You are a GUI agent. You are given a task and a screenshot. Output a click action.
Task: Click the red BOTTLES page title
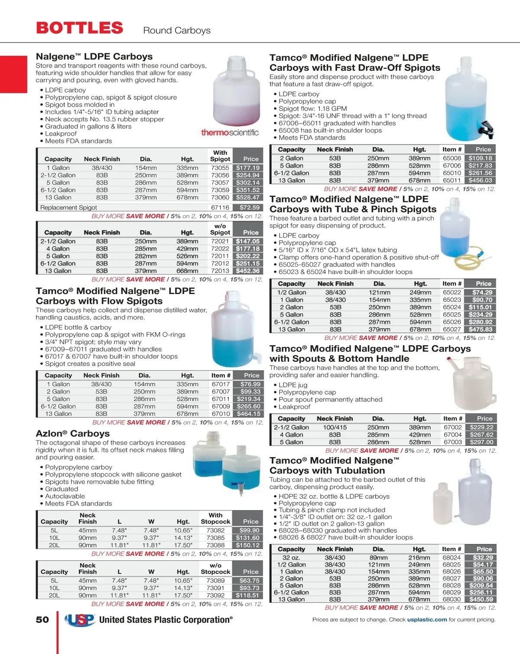pyautogui.click(x=80, y=28)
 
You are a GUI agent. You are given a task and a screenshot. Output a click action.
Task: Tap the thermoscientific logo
pyautogui.click(x=230, y=133)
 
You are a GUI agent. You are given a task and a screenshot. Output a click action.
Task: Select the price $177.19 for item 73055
pyautogui.click(x=248, y=168)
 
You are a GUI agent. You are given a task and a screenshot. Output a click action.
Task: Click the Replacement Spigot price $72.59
pyautogui.click(x=249, y=208)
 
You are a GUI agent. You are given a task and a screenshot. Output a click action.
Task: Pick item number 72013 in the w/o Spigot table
pyautogui.click(x=220, y=271)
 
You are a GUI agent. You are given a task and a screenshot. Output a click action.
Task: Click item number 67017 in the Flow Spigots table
pyautogui.click(x=221, y=384)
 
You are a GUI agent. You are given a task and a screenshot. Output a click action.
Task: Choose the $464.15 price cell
pyautogui.click(x=249, y=414)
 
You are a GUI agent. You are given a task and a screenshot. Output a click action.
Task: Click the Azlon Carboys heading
pyautogui.click(x=73, y=434)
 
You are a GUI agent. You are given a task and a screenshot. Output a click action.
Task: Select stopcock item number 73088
pyautogui.click(x=215, y=545)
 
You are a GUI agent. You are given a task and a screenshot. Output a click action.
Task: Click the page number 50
pyautogui.click(x=42, y=620)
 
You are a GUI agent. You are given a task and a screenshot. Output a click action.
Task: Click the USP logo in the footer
pyautogui.click(x=80, y=620)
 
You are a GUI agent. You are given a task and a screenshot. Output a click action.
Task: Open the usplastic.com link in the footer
pyautogui.click(x=427, y=620)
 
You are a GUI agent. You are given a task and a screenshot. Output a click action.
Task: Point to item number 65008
pyautogui.click(x=452, y=158)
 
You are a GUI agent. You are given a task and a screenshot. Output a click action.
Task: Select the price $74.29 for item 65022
pyautogui.click(x=482, y=293)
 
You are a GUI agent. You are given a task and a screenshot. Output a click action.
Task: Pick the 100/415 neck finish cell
pyautogui.click(x=335, y=428)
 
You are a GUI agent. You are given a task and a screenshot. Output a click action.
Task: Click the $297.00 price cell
pyautogui.click(x=482, y=442)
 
